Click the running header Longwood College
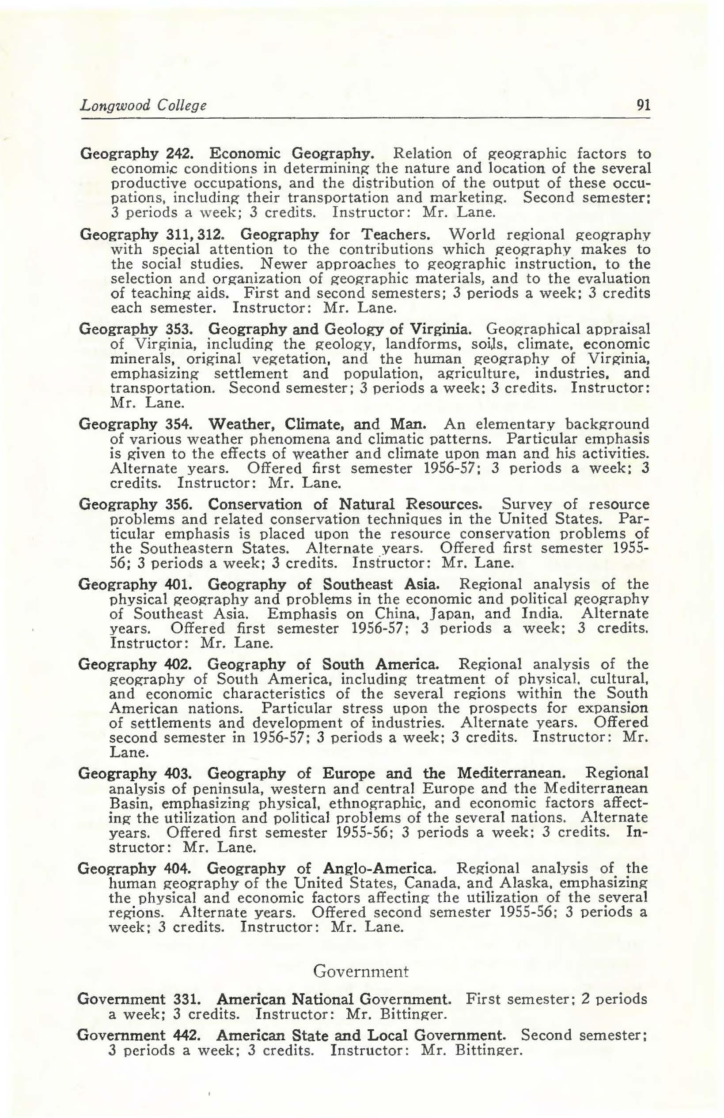click(x=144, y=105)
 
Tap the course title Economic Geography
click(x=292, y=153)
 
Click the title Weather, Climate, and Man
click(x=317, y=424)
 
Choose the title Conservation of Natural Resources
click(x=345, y=504)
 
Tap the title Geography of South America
click(x=323, y=664)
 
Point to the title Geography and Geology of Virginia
click(x=337, y=328)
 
